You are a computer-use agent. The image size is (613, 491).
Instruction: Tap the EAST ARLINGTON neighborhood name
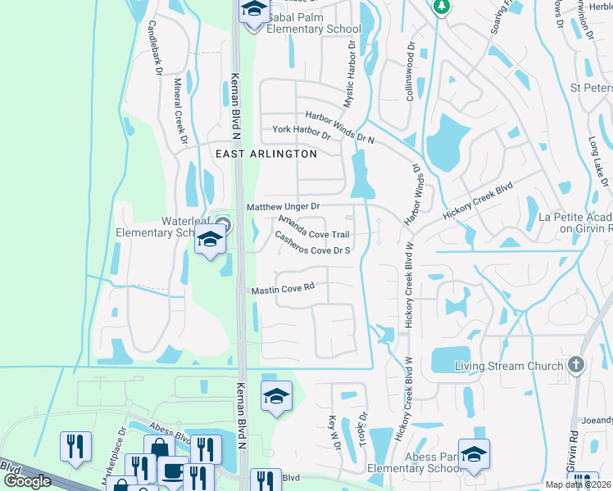click(266, 154)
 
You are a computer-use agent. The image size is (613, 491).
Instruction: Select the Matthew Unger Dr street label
click(283, 207)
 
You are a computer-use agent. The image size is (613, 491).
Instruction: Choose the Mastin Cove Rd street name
click(283, 289)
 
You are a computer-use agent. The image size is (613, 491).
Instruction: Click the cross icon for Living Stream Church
click(575, 365)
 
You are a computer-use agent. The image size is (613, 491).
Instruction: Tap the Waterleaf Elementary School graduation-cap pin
click(209, 241)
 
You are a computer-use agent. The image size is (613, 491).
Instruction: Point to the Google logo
click(27, 481)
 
